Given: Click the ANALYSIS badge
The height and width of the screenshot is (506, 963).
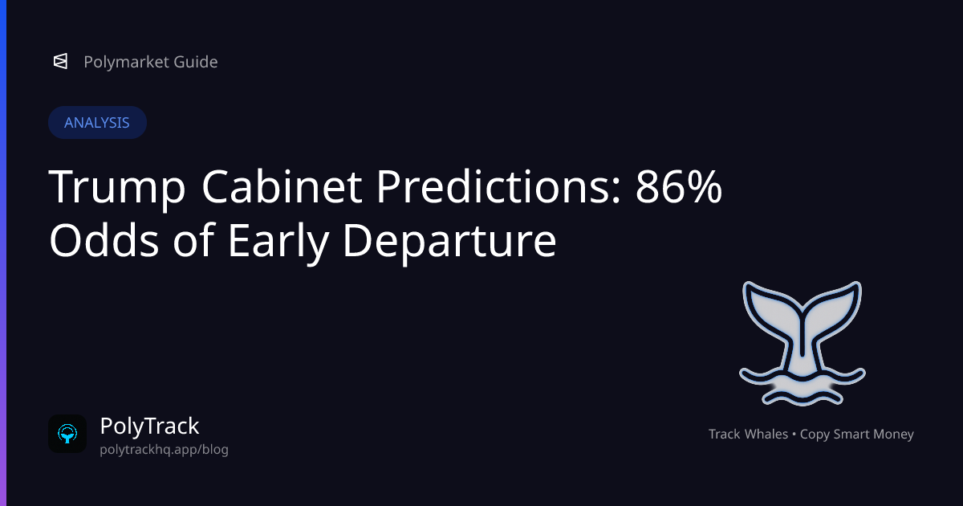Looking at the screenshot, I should coord(97,123).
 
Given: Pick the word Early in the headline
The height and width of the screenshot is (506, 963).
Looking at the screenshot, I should coord(275,239).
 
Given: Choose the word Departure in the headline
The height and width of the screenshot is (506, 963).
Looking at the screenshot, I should coord(449,239).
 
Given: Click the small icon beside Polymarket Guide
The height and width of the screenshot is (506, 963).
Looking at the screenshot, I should coord(60,62).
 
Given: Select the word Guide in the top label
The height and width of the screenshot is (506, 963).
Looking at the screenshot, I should coord(194,62).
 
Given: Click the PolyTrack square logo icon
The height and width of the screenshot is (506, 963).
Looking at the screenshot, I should coord(67,434).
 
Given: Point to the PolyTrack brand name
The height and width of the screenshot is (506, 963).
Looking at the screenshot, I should coord(149,426).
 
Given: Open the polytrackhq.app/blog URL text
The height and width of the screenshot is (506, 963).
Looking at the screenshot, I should coord(164,450).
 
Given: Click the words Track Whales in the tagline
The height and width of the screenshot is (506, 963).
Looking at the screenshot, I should coord(748,435).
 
